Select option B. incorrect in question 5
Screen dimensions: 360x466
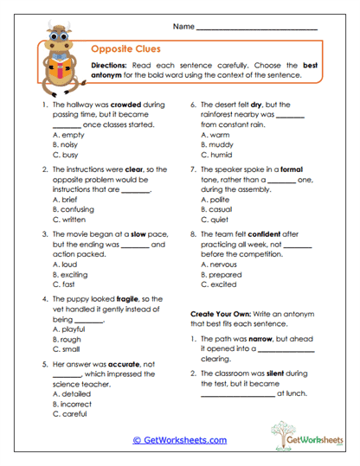coord(80,404)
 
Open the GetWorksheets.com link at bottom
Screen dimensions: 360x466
coord(180,440)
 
